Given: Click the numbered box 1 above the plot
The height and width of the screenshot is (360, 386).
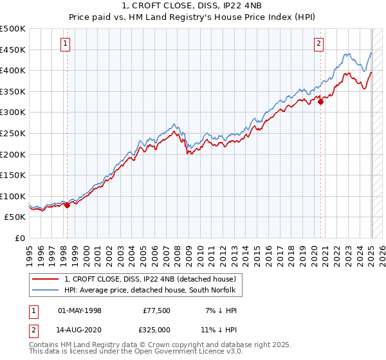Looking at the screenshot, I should click(x=66, y=44).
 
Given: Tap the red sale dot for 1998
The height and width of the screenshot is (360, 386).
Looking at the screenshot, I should click(x=67, y=205).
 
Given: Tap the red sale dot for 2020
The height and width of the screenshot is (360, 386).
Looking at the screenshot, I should click(x=320, y=101).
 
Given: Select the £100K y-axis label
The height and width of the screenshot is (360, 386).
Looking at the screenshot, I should click(x=13, y=196).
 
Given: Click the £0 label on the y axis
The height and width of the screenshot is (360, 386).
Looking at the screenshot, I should click(x=20, y=238).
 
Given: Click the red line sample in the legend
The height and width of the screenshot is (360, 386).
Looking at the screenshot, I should click(x=46, y=279).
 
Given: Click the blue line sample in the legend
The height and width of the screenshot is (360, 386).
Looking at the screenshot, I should click(x=46, y=290).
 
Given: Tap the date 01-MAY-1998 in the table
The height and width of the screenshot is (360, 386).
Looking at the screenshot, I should click(x=80, y=310).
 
